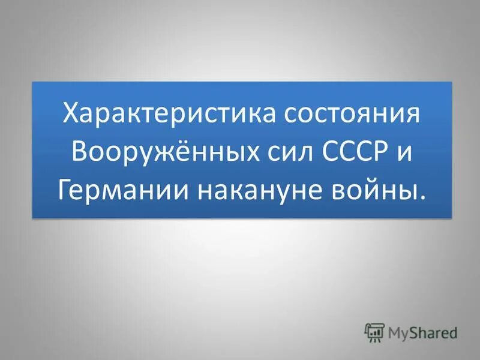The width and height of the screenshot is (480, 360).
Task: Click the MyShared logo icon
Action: (374, 331)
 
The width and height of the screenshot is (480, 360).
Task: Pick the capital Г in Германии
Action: (65, 189)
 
